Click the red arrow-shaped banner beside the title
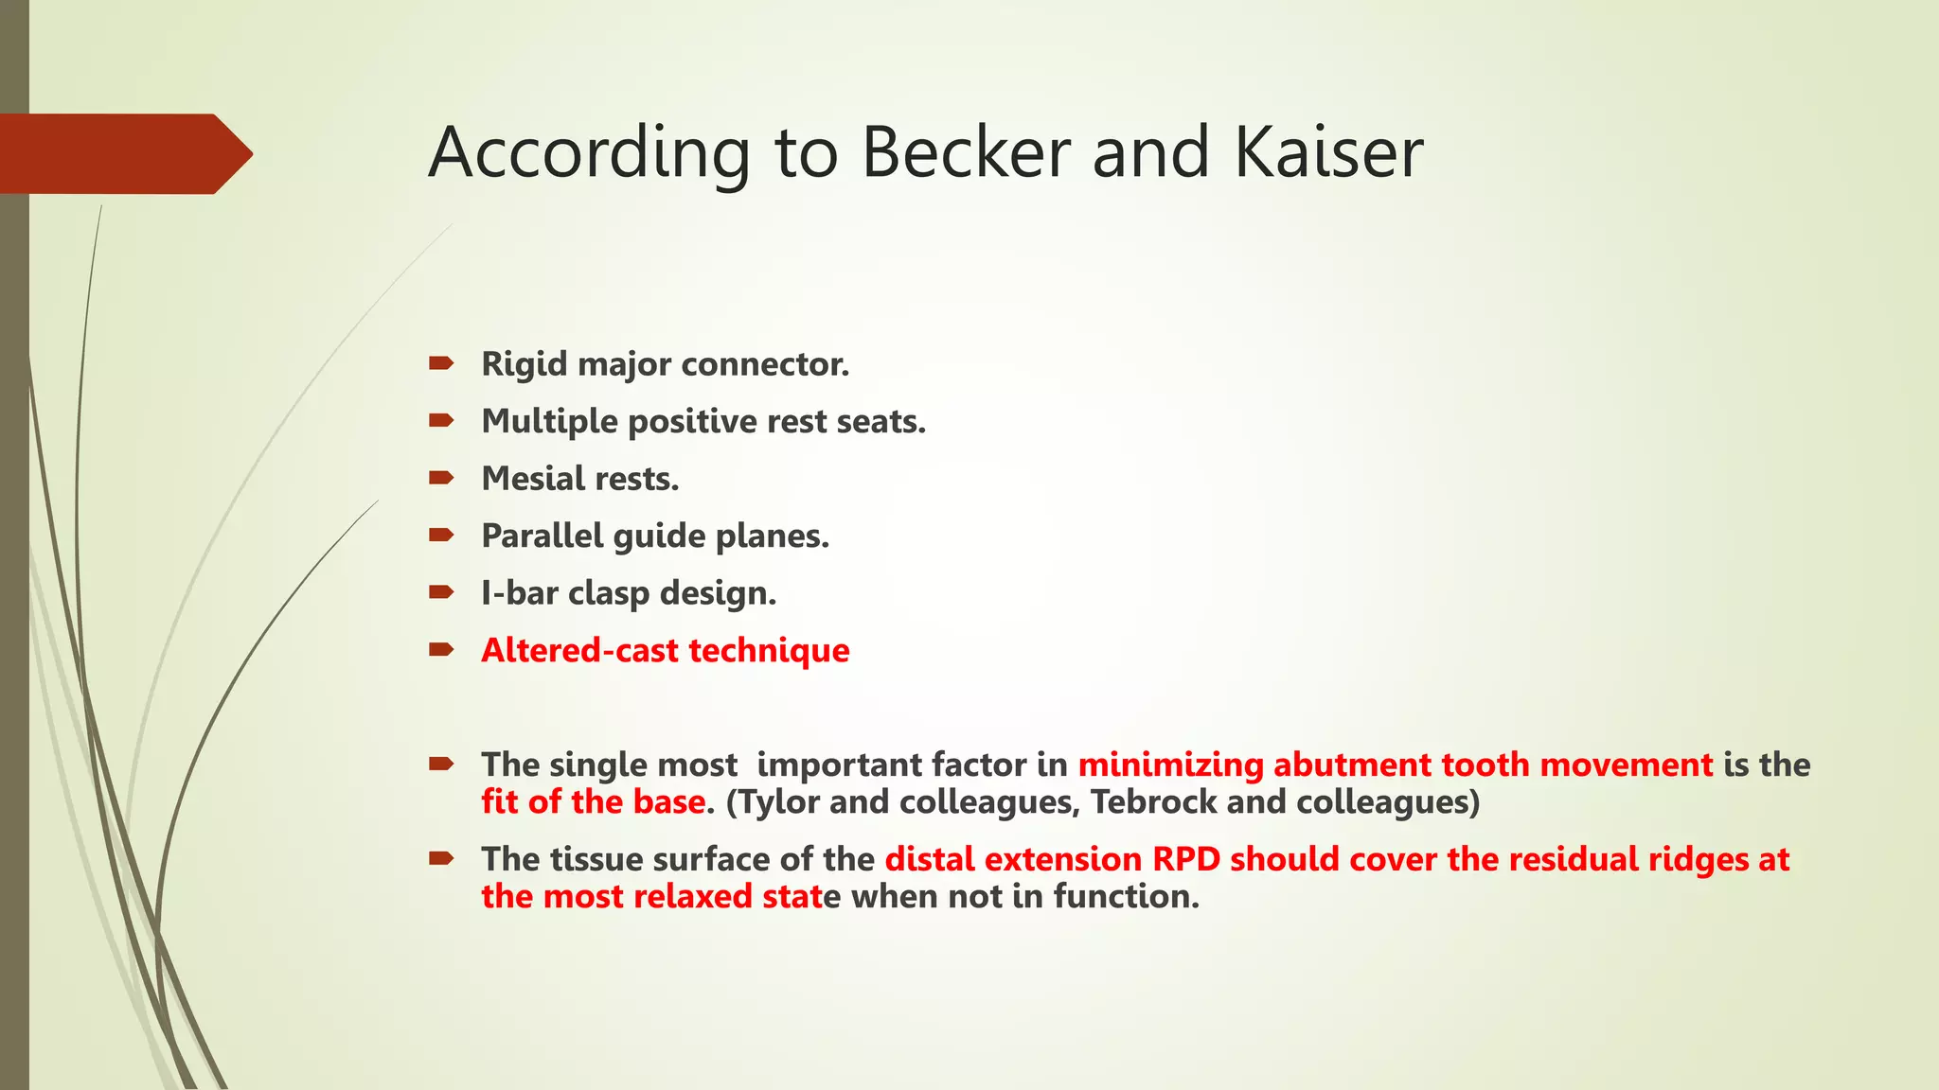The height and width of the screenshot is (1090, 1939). (x=123, y=153)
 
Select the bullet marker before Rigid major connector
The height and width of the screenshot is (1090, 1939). (x=441, y=363)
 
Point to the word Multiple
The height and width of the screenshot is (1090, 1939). (x=549, y=422)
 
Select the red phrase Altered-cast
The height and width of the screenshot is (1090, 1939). (x=579, y=651)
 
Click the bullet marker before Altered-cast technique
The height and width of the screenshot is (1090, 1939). (x=441, y=650)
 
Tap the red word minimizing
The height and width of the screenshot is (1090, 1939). (x=1170, y=765)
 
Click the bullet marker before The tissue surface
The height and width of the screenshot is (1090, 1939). (x=441, y=859)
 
